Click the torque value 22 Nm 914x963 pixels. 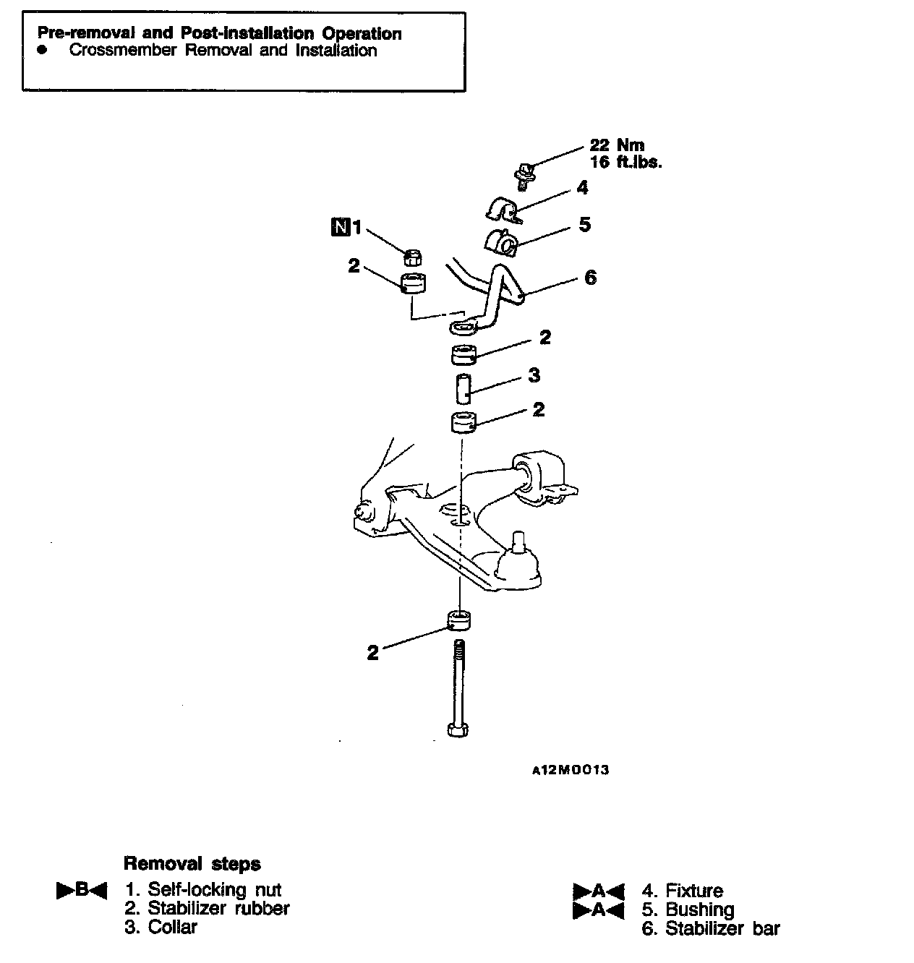point(616,145)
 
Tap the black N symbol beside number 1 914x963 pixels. point(338,228)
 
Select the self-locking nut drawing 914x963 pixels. point(412,256)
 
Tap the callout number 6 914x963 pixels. point(590,278)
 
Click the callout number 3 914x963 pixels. point(534,375)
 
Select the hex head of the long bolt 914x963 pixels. point(457,728)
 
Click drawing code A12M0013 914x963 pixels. point(571,770)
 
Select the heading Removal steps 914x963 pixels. point(192,863)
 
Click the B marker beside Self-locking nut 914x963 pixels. point(82,890)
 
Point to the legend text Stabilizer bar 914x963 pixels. point(722,928)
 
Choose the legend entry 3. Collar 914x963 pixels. point(161,927)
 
